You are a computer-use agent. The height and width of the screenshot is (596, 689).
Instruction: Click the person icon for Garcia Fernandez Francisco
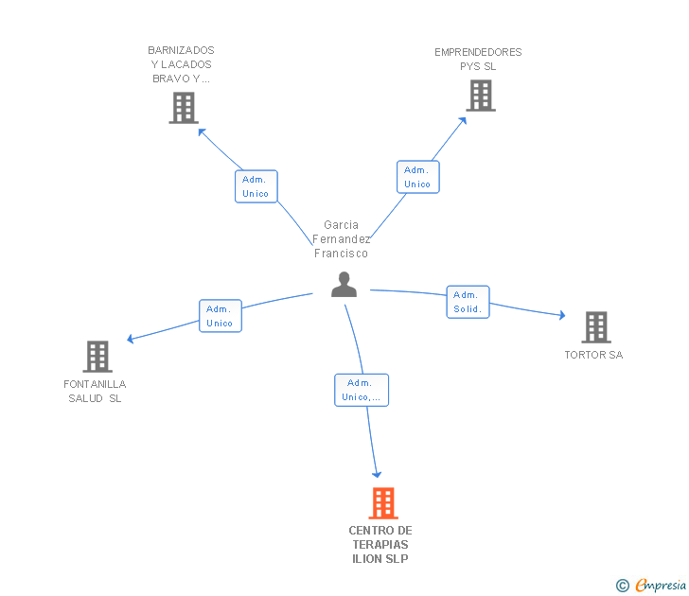344,285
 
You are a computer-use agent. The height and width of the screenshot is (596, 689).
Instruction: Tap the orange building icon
382,503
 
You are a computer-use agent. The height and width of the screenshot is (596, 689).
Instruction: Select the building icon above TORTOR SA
595,327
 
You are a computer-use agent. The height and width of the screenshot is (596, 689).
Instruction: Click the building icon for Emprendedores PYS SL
480,96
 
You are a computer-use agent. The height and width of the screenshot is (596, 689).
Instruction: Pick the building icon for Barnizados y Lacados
183,108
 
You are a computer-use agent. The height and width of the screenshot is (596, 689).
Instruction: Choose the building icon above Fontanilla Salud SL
97,357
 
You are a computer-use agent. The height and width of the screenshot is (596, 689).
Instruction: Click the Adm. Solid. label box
468,302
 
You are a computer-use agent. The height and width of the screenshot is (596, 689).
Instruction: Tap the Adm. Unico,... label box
362,390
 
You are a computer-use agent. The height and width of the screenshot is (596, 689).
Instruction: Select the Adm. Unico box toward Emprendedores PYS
417,177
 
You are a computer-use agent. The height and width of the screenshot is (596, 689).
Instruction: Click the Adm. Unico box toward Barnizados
256,186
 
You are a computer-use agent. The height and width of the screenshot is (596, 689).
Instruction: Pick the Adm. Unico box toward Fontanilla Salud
220,316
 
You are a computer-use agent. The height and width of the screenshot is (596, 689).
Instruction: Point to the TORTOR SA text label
593,356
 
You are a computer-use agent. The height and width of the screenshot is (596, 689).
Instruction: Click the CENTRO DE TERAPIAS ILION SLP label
380,544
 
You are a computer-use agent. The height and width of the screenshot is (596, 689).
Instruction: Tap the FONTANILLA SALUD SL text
95,391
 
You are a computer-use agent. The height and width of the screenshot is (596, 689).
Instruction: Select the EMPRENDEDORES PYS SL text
478,60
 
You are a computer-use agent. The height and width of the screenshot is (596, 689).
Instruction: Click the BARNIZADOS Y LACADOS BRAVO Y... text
181,64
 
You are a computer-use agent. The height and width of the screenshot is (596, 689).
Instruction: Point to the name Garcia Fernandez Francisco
341,239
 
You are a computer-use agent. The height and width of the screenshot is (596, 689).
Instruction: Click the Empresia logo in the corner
661,586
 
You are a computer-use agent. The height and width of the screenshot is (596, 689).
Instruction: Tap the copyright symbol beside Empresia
622,587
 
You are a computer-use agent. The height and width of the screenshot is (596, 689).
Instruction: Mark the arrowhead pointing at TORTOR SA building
561,316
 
